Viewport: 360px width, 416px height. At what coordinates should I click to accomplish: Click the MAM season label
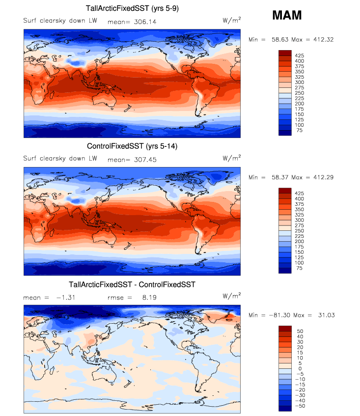287,15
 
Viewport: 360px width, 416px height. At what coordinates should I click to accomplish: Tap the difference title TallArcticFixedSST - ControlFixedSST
133,284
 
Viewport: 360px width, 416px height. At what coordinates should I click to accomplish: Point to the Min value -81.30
280,315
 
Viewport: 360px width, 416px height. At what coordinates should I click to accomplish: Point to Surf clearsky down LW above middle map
60,159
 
